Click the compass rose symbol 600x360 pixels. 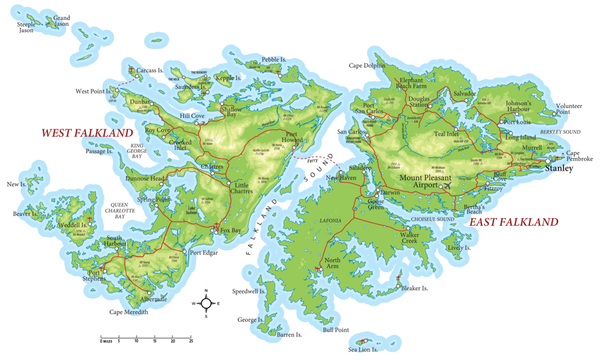[x=207, y=304]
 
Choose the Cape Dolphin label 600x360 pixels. [x=367, y=66]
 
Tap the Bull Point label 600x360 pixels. [x=335, y=329]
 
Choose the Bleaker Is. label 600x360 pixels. [x=414, y=288]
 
